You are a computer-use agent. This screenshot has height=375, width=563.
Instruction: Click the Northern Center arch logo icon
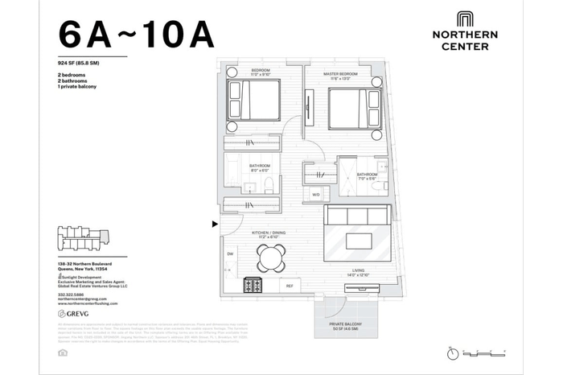click(465, 20)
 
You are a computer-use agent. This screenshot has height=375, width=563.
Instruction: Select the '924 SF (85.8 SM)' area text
click(84, 62)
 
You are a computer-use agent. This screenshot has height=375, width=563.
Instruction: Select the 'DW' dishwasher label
click(230, 253)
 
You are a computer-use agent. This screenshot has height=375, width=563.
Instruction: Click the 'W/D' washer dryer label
click(315, 194)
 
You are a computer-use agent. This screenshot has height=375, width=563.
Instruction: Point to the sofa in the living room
click(358, 217)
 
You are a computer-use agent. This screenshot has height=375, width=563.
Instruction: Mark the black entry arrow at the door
click(214, 225)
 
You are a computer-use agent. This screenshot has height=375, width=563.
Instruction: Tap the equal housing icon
click(63, 352)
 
